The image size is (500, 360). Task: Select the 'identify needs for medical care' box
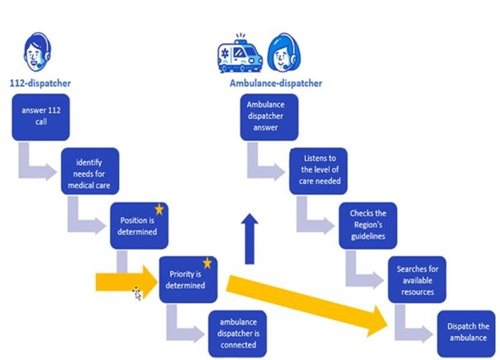[90, 171]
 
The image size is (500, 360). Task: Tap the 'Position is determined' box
[140, 223]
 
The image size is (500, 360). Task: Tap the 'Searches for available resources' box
[417, 277]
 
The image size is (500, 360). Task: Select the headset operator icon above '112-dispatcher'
[36, 50]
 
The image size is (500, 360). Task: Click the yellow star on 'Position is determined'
[160, 210]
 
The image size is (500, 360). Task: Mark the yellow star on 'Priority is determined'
[207, 263]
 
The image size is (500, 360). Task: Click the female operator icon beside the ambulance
[282, 53]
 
